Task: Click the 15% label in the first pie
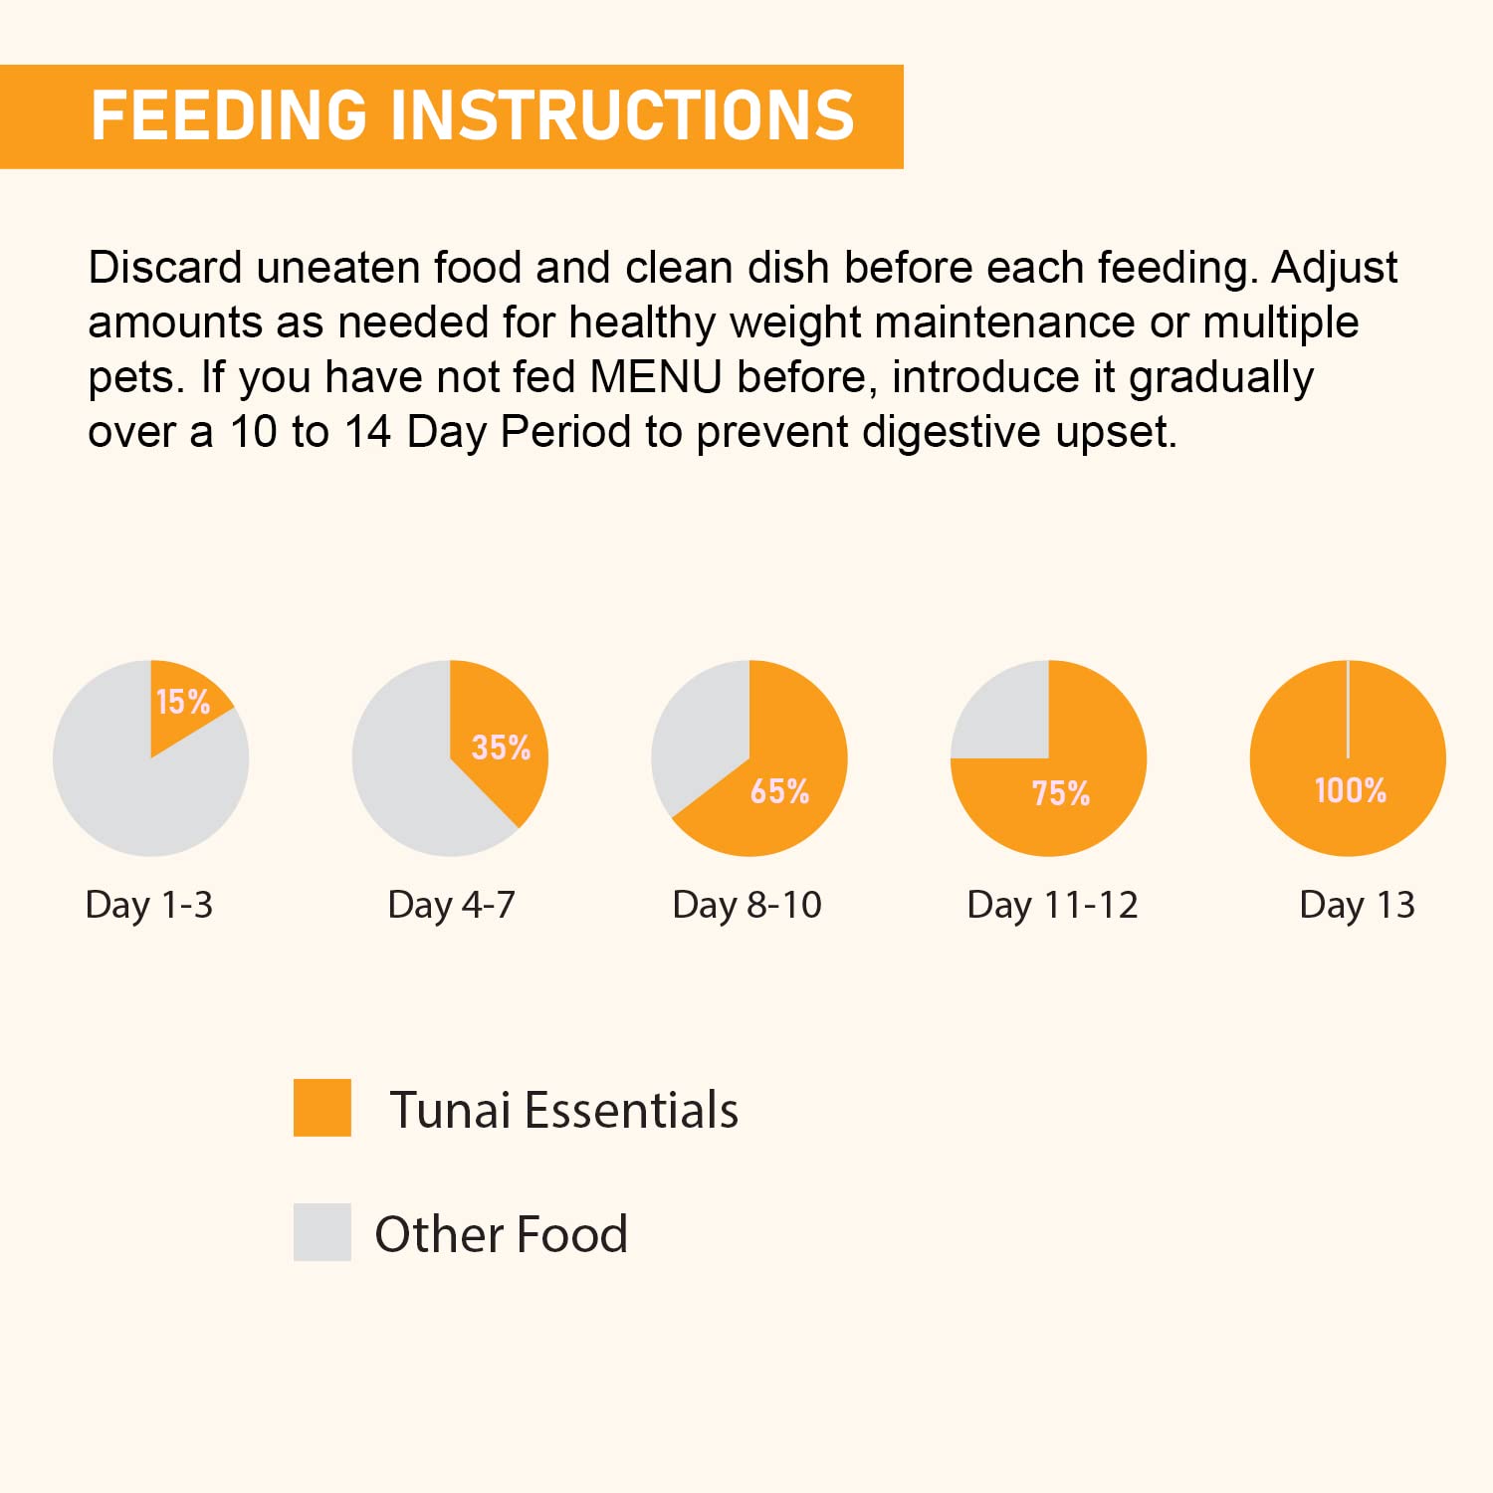183,702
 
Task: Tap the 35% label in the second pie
501,747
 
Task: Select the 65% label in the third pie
779,791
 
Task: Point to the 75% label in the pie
1061,793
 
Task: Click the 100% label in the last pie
1351,790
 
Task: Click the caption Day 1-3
149,905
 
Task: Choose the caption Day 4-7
452,905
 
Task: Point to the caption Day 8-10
747,905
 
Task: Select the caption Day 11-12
1052,905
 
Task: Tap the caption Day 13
1357,905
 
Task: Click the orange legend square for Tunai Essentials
322,1108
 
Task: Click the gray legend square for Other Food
322,1232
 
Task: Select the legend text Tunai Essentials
563,1110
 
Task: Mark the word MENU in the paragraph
656,378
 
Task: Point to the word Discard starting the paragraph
165,269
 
